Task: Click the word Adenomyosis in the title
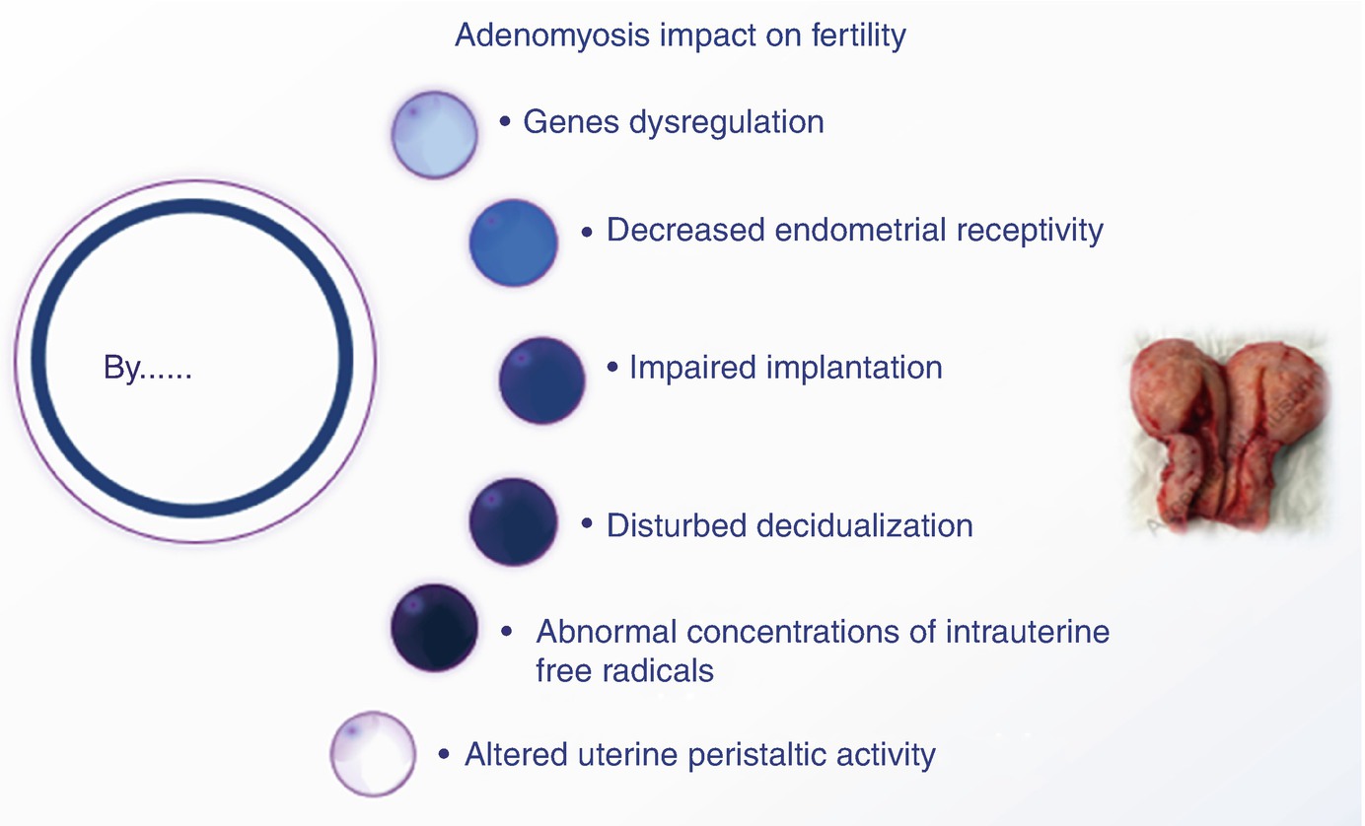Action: [552, 35]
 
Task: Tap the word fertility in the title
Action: [858, 35]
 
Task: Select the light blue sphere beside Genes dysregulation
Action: [435, 135]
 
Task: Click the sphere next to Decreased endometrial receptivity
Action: [513, 242]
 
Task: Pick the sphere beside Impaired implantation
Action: [541, 380]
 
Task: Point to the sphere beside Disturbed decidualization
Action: [513, 522]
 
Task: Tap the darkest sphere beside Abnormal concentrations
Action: [435, 628]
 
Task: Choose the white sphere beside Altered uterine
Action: [373, 754]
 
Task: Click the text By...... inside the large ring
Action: [148, 368]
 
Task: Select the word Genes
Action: [571, 122]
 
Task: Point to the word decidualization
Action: [865, 525]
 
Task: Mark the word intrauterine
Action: [1028, 632]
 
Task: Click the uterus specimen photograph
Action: [1228, 435]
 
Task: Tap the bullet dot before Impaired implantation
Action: [612, 368]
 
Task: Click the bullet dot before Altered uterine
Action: [444, 755]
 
